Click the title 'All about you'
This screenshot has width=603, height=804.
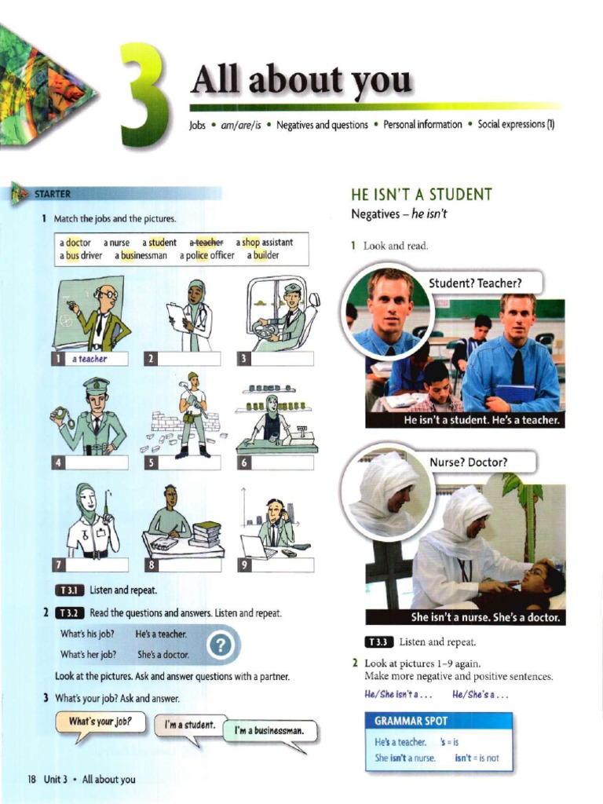[301, 80]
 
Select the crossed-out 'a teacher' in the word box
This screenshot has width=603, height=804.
[206, 243]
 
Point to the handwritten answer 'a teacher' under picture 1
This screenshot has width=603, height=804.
[89, 359]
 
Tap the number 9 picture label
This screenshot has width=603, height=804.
[243, 565]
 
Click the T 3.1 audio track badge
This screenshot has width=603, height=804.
[70, 590]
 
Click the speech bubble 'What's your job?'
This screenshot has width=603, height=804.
[100, 722]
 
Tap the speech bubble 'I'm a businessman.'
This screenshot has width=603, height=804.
[270, 731]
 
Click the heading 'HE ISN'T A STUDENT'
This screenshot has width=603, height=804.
[421, 194]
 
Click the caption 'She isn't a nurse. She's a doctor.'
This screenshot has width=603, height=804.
[484, 617]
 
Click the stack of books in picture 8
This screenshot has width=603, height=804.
[206, 535]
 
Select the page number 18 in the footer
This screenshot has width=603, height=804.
[31, 779]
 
